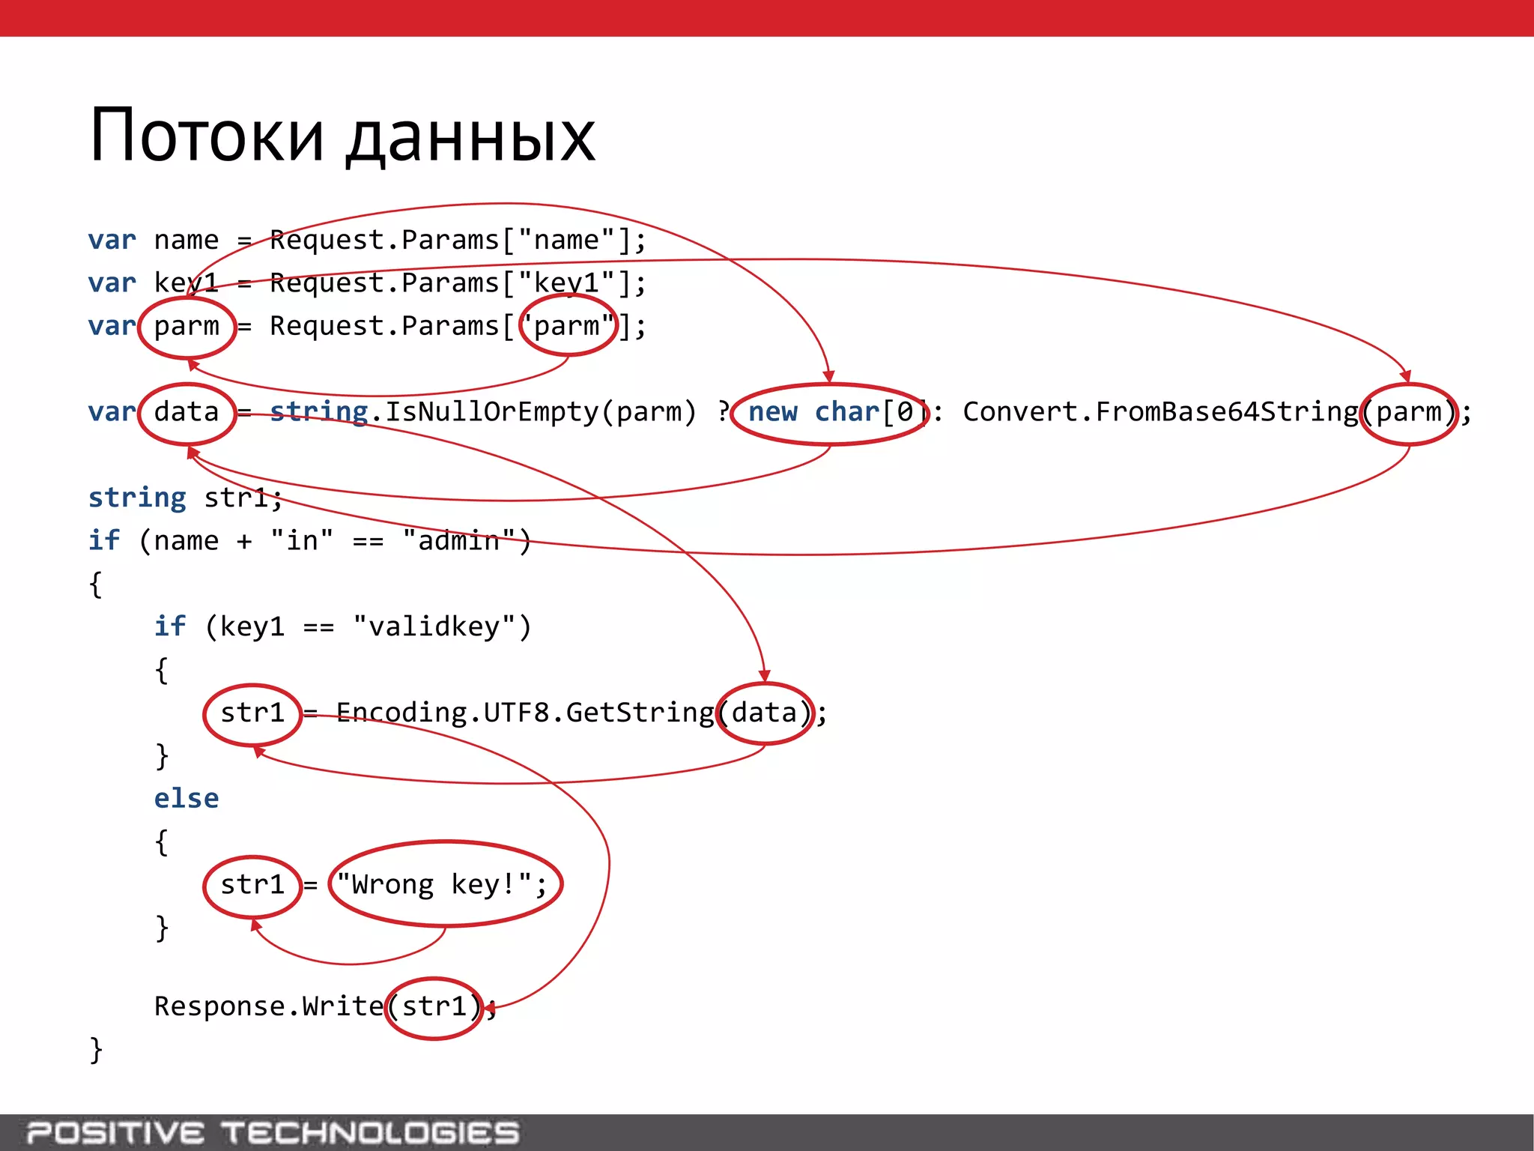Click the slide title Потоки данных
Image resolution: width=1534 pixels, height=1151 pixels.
[x=342, y=136]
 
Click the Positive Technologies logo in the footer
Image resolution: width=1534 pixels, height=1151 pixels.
[x=273, y=1132]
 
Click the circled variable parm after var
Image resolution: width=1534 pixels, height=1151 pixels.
[x=187, y=327]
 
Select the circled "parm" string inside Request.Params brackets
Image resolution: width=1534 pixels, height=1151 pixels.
[x=568, y=326]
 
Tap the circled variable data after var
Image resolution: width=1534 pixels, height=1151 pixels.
[x=187, y=412]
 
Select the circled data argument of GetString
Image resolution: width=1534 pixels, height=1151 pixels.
[x=765, y=713]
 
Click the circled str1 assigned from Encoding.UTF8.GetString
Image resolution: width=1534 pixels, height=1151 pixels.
[x=252, y=713]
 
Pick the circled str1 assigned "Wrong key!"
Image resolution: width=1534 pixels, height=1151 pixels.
[x=252, y=885]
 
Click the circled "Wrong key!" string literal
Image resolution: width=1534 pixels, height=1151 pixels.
[x=445, y=884]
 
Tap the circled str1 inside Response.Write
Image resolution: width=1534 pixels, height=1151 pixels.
[x=434, y=1006]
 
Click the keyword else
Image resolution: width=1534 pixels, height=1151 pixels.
[x=187, y=799]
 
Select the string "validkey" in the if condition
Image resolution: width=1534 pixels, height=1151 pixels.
[x=434, y=626]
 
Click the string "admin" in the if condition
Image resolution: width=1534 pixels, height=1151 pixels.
[x=458, y=540]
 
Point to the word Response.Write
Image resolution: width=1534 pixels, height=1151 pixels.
[x=268, y=1006]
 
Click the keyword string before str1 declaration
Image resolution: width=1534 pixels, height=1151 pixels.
[x=137, y=498]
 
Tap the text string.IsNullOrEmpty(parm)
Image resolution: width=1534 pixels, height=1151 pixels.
[x=483, y=412]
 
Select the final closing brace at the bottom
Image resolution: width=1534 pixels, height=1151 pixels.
[x=96, y=1049]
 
